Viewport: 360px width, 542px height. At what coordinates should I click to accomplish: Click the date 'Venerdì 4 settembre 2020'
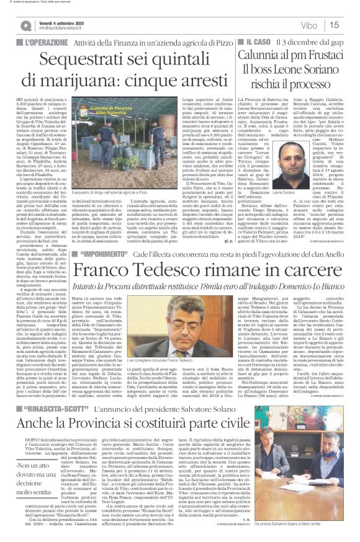[63, 21]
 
